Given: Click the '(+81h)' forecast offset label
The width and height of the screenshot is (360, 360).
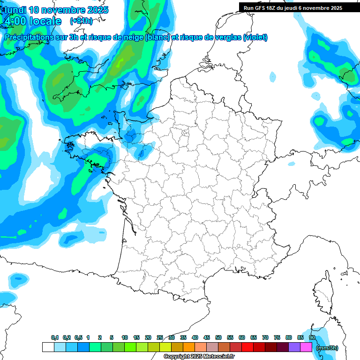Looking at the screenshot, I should pos(81,21).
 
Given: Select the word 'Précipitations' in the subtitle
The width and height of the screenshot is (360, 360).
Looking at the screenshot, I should pos(29,37).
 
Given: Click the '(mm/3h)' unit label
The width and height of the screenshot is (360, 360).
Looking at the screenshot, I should pos(327,347).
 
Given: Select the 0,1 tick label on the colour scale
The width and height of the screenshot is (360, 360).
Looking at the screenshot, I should pos(54,337).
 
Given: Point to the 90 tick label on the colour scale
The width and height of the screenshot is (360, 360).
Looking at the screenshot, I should pos(312,337).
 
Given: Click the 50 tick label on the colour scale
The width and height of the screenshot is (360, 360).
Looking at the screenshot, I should pos(218,337).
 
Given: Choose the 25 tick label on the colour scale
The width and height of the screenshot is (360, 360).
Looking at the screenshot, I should pos(160,337).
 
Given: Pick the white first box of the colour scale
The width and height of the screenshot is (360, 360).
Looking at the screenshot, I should pos(48,347).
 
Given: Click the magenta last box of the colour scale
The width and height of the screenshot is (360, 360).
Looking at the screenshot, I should pos(306,347).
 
